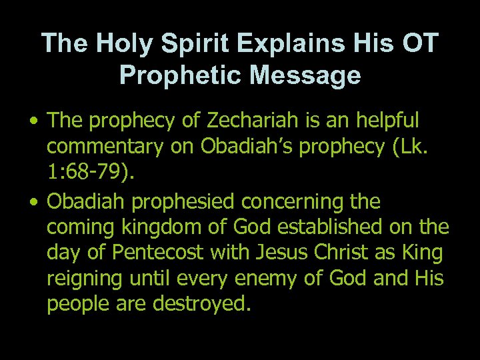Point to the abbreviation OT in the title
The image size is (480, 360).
418,43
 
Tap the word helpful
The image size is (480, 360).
381,121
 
